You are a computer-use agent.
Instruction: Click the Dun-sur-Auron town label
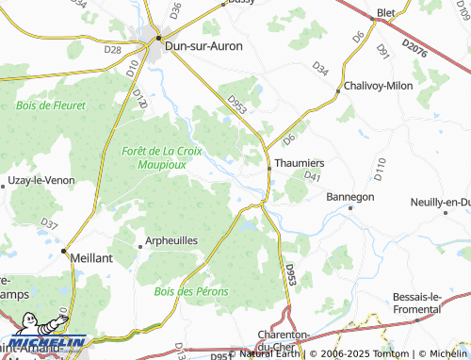click(x=203, y=44)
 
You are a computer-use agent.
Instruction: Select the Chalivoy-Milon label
click(x=381, y=85)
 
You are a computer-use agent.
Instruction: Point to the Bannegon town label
click(x=350, y=197)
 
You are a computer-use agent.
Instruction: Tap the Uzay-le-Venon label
click(x=40, y=179)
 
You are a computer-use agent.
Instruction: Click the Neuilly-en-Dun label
click(x=441, y=203)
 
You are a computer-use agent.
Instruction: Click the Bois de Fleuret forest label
click(x=51, y=106)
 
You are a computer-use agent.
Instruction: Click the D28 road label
click(x=113, y=49)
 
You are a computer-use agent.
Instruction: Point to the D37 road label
click(x=50, y=225)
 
